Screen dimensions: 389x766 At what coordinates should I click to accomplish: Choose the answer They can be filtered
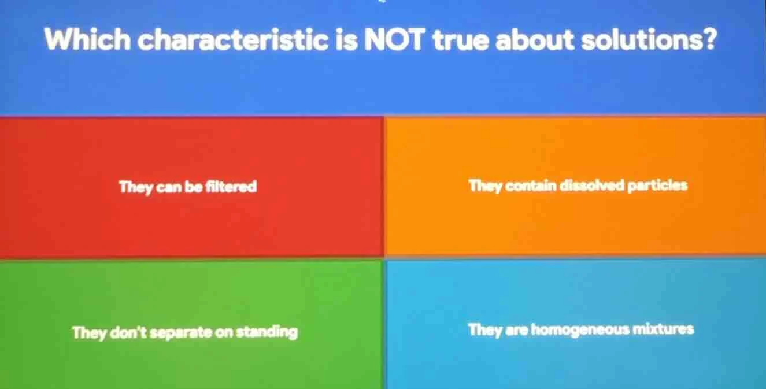188,187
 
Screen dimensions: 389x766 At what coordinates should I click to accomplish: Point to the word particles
659,186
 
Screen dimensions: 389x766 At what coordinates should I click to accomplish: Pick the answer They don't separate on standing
185,332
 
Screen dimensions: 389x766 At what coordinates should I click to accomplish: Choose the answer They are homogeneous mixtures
580,330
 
